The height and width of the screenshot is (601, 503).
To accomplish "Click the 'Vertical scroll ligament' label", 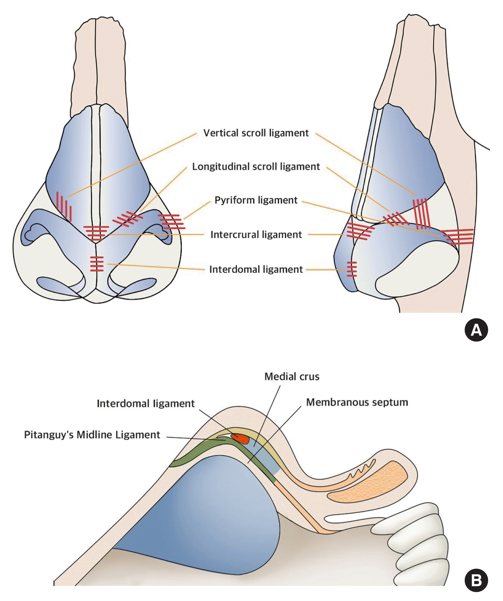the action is click(256, 133).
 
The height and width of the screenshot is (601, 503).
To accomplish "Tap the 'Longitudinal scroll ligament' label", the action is click(256, 167).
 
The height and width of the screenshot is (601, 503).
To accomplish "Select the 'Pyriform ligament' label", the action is click(256, 200).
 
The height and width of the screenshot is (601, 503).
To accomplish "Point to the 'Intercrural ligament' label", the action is click(256, 235).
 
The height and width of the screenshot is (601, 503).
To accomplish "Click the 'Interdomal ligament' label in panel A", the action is click(256, 270).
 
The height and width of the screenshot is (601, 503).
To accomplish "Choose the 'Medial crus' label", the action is click(292, 376).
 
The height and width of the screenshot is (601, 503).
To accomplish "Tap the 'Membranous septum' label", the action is click(357, 402).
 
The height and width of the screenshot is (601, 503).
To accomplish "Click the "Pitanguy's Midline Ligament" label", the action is click(92, 435).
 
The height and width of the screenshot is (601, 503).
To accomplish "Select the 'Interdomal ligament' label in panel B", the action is click(145, 404).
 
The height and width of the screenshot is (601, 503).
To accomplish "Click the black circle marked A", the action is click(476, 330).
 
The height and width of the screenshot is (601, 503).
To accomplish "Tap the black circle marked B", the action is click(476, 581).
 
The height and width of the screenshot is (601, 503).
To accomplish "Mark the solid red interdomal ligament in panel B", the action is click(240, 439).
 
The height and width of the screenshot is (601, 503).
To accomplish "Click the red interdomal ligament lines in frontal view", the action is click(97, 264).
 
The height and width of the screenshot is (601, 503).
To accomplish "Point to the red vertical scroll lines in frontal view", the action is click(64, 206).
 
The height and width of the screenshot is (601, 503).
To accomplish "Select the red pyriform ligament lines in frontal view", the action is click(172, 222).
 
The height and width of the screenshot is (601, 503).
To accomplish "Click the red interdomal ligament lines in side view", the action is click(352, 269).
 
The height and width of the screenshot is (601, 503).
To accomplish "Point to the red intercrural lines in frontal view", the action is click(96, 233).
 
